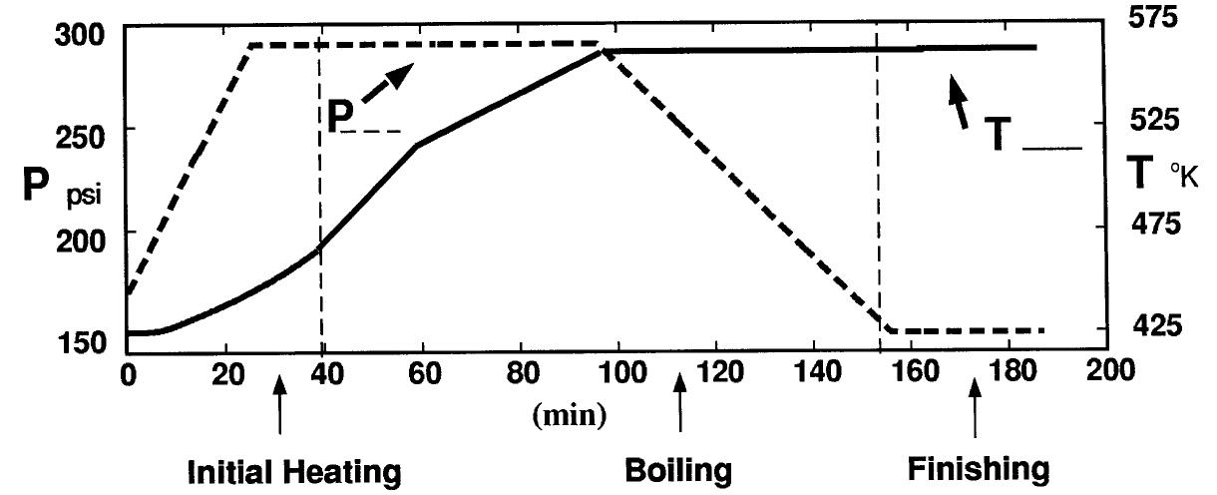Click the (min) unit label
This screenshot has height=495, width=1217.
click(x=570, y=414)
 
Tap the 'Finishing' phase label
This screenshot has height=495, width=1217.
click(x=979, y=469)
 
